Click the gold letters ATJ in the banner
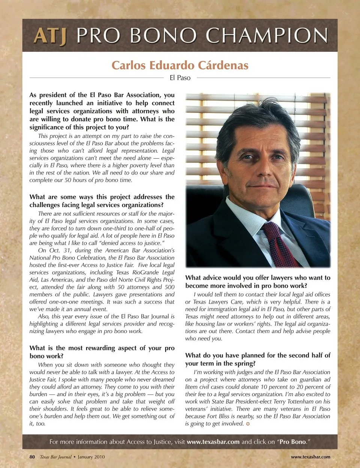(50, 36)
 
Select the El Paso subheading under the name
(180, 78)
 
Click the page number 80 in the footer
(32, 457)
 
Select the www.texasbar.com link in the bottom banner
(213, 442)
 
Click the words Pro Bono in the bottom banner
(292, 442)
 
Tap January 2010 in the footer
(91, 457)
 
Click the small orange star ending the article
(248, 424)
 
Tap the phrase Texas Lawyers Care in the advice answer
(216, 302)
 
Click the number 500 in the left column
(169, 287)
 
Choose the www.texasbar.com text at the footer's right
(310, 457)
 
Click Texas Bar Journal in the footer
(55, 457)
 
